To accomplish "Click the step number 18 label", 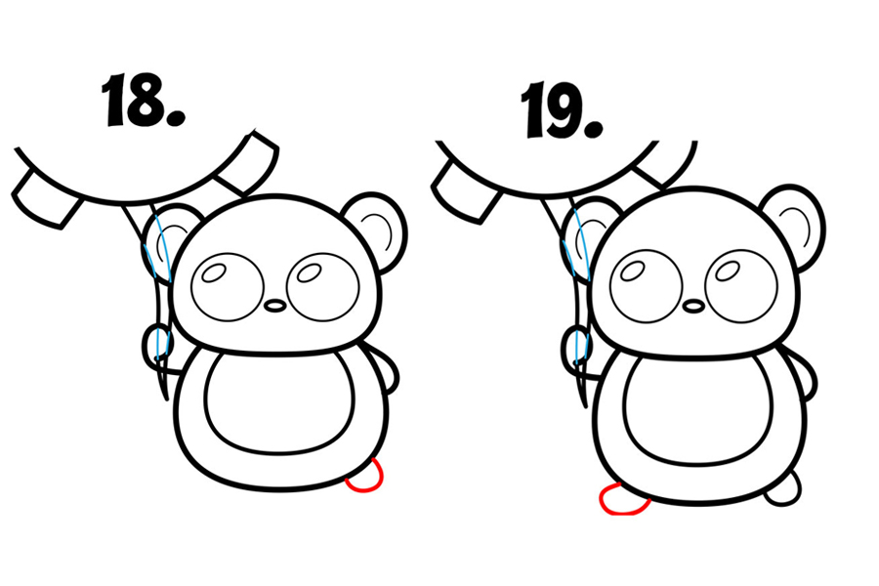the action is pos(143,100).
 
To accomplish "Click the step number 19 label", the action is pos(563,109).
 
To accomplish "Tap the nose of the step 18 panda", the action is pos(275,306).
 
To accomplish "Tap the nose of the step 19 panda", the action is pos(694,306).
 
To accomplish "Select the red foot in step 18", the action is pos(366,477).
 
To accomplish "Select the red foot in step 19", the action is pos(623,499).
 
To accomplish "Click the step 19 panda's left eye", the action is pos(647,287).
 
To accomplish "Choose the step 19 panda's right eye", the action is pos(741,287).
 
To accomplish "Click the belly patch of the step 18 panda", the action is pos(279,402).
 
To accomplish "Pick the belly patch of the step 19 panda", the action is pos(698,409).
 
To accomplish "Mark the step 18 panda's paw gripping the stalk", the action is pos(157,348).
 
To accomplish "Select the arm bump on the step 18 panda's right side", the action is pos(388,370).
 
